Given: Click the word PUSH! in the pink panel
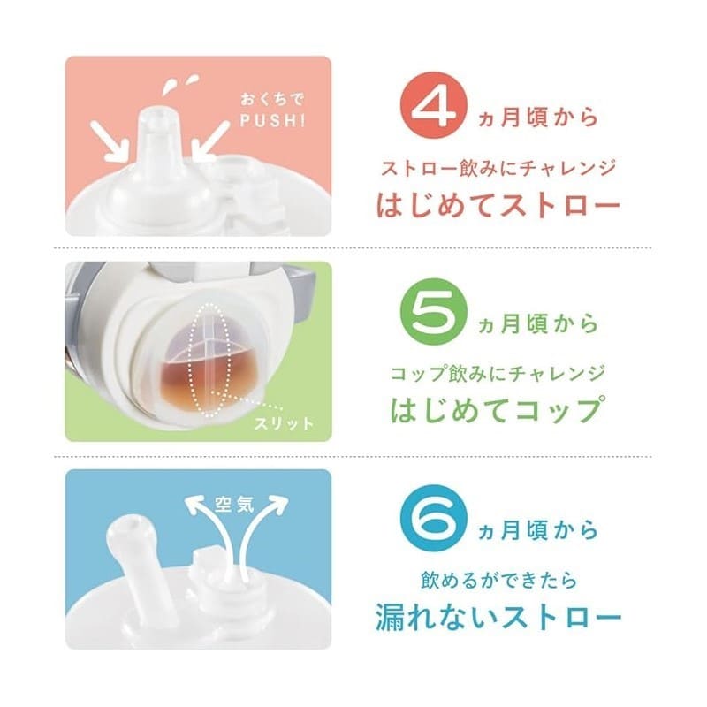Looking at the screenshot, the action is click(273, 121).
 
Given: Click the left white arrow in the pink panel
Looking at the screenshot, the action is click(110, 141).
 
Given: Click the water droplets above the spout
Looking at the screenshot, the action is click(181, 83).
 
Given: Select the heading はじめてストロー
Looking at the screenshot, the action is click(498, 205).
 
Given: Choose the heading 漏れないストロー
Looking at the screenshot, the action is click(498, 618).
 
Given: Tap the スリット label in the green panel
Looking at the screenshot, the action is click(284, 424).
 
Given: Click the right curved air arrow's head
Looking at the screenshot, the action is click(276, 502).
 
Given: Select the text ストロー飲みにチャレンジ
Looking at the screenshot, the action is click(498, 169).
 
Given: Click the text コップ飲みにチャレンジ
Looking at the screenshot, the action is click(498, 374).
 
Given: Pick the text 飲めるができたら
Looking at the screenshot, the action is click(498, 581).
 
